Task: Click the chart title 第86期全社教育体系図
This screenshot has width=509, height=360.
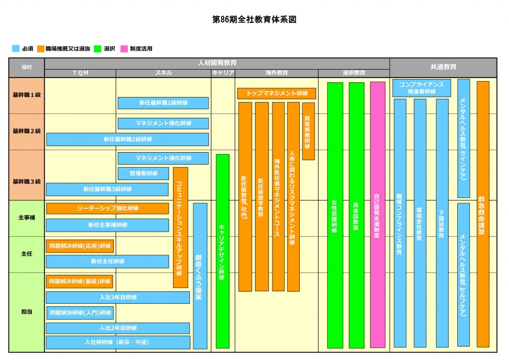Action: (x=254, y=19)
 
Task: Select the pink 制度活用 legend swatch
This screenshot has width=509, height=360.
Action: (x=124, y=49)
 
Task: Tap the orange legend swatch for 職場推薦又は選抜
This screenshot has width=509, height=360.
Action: (x=41, y=49)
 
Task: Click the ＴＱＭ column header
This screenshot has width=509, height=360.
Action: (x=81, y=73)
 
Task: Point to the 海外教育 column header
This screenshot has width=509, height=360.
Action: (x=276, y=73)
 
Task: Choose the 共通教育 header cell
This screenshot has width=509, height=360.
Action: (x=443, y=67)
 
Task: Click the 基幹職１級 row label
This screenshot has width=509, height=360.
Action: (x=27, y=95)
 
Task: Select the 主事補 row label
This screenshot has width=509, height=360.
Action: (x=27, y=218)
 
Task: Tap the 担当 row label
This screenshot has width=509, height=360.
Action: (x=27, y=312)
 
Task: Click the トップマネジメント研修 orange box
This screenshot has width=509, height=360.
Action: (x=276, y=93)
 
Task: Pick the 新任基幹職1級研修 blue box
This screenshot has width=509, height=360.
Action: (x=163, y=103)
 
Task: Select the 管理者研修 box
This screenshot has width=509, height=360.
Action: (x=143, y=174)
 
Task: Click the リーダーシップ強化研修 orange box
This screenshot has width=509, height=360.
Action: (x=107, y=208)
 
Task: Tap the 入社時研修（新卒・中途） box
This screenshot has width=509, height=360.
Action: (x=118, y=342)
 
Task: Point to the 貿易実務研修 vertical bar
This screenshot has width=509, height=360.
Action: (x=308, y=131)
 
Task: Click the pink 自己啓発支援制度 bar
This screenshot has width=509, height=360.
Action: (x=378, y=215)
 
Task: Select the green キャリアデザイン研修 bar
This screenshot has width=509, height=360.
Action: (x=223, y=251)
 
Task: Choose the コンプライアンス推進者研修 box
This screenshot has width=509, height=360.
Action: (x=422, y=88)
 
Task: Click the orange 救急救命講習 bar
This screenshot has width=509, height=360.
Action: (x=483, y=214)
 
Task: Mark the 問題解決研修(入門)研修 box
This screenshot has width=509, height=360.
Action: (x=80, y=313)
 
